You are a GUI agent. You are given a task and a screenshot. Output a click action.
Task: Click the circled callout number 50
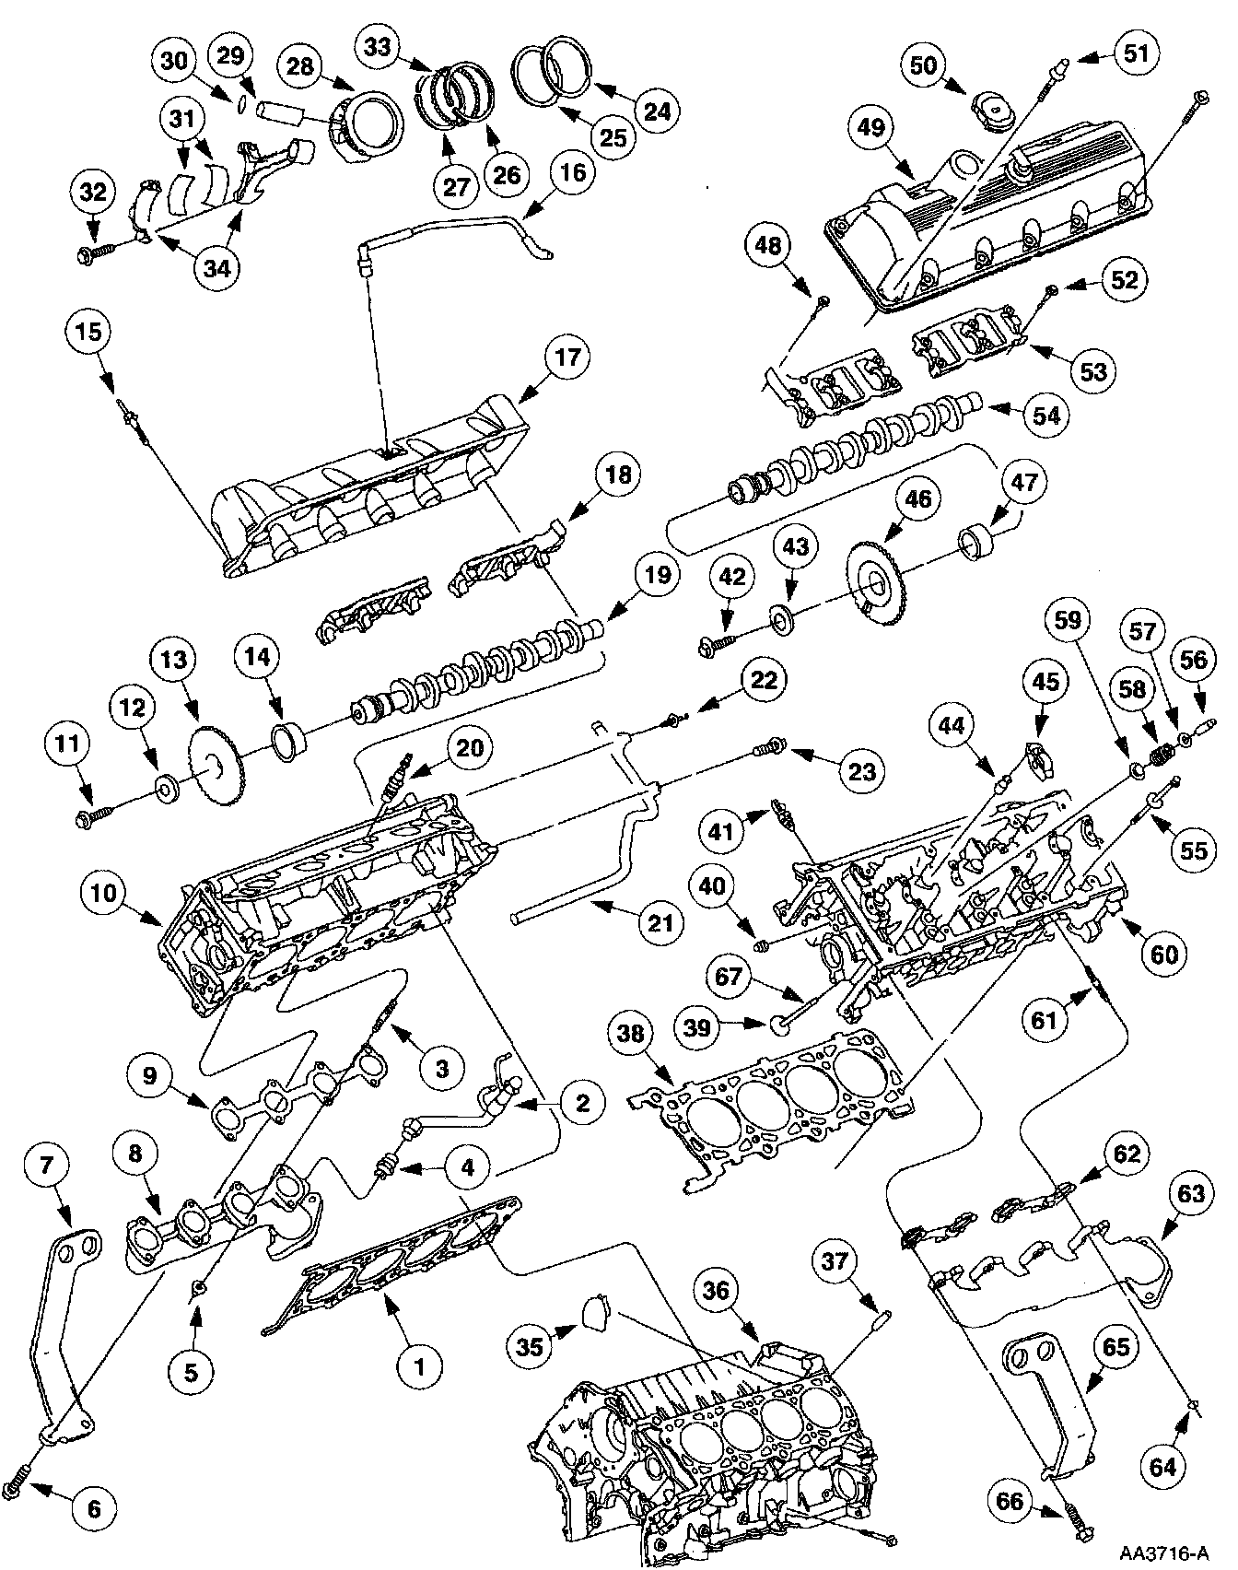coord(923,65)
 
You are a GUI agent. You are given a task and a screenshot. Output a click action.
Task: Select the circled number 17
coord(567,357)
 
